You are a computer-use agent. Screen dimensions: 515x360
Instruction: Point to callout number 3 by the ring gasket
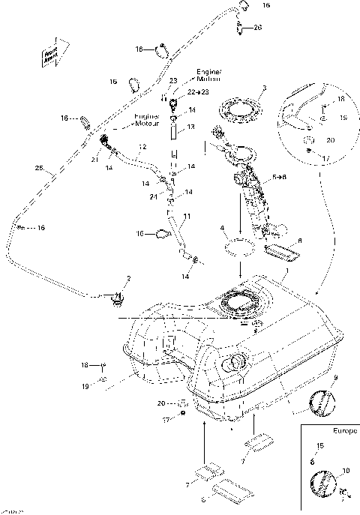coord(264,88)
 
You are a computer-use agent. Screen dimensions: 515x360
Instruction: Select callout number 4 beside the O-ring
coord(222,227)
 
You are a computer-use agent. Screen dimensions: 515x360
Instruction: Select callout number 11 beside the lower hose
coord(187,216)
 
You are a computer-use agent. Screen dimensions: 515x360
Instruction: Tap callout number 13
coord(190,127)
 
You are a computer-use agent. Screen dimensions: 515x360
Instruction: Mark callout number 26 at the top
coord(257,28)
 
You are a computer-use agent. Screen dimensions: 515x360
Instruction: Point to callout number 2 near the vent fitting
coord(128,279)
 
